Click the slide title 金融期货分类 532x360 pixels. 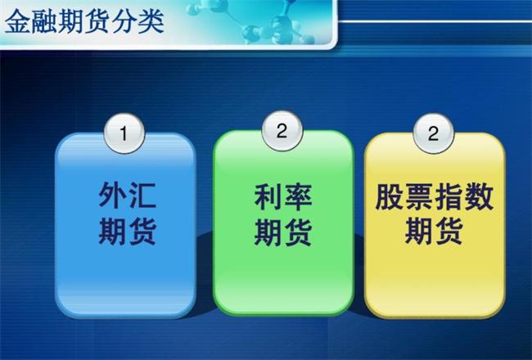click(x=85, y=21)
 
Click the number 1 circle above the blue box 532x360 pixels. click(x=124, y=133)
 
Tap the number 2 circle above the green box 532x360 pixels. click(x=282, y=131)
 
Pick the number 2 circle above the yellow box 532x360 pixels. click(x=433, y=133)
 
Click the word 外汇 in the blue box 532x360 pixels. click(x=127, y=195)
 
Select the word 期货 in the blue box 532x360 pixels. click(x=127, y=232)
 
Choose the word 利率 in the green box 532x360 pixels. click(x=283, y=197)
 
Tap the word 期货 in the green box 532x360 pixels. click(x=283, y=232)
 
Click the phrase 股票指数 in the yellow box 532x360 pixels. click(x=435, y=197)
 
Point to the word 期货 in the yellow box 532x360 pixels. click(x=435, y=232)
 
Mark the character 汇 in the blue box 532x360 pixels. click(x=142, y=195)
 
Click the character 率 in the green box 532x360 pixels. click(x=298, y=197)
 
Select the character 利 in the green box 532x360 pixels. click(x=268, y=197)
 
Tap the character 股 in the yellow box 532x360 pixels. click(x=390, y=197)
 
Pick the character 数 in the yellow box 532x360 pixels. click(x=479, y=197)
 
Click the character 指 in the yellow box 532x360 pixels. click(x=449, y=197)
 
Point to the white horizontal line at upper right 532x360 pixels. click(x=435, y=21)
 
